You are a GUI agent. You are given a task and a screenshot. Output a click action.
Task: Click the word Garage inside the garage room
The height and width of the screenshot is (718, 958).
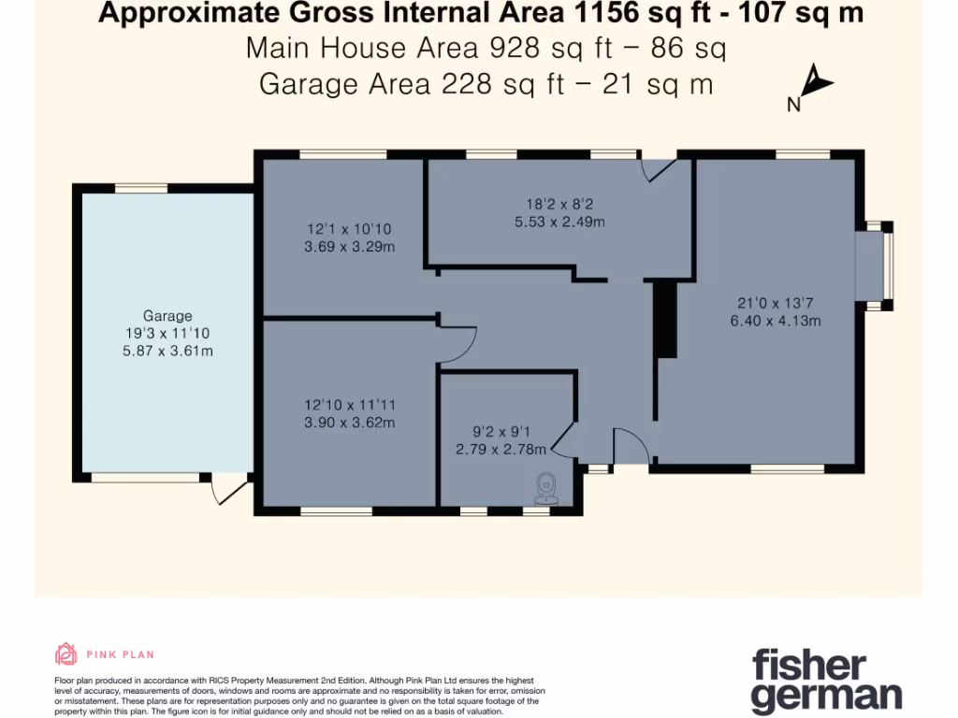[x=167, y=316]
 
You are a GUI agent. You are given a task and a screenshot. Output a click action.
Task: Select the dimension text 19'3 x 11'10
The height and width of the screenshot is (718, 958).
[x=167, y=334]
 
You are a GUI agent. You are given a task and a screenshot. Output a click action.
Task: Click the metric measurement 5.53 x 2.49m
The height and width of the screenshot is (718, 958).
[x=559, y=222]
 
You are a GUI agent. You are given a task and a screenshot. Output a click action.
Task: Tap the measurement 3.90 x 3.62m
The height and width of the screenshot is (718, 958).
[x=349, y=423]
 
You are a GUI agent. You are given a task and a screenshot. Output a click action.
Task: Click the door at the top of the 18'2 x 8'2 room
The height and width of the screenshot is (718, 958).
[x=659, y=167]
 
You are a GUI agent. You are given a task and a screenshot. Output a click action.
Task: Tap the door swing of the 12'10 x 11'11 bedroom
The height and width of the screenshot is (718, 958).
[x=458, y=344]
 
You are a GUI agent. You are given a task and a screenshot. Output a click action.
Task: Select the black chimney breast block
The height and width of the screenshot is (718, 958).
[x=665, y=319]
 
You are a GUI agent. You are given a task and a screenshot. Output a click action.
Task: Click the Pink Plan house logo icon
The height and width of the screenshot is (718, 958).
[x=65, y=653]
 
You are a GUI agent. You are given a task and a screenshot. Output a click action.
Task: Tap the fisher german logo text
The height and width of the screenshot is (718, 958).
[x=826, y=682]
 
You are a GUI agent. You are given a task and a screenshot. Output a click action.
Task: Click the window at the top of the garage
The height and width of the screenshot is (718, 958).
[x=141, y=189]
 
